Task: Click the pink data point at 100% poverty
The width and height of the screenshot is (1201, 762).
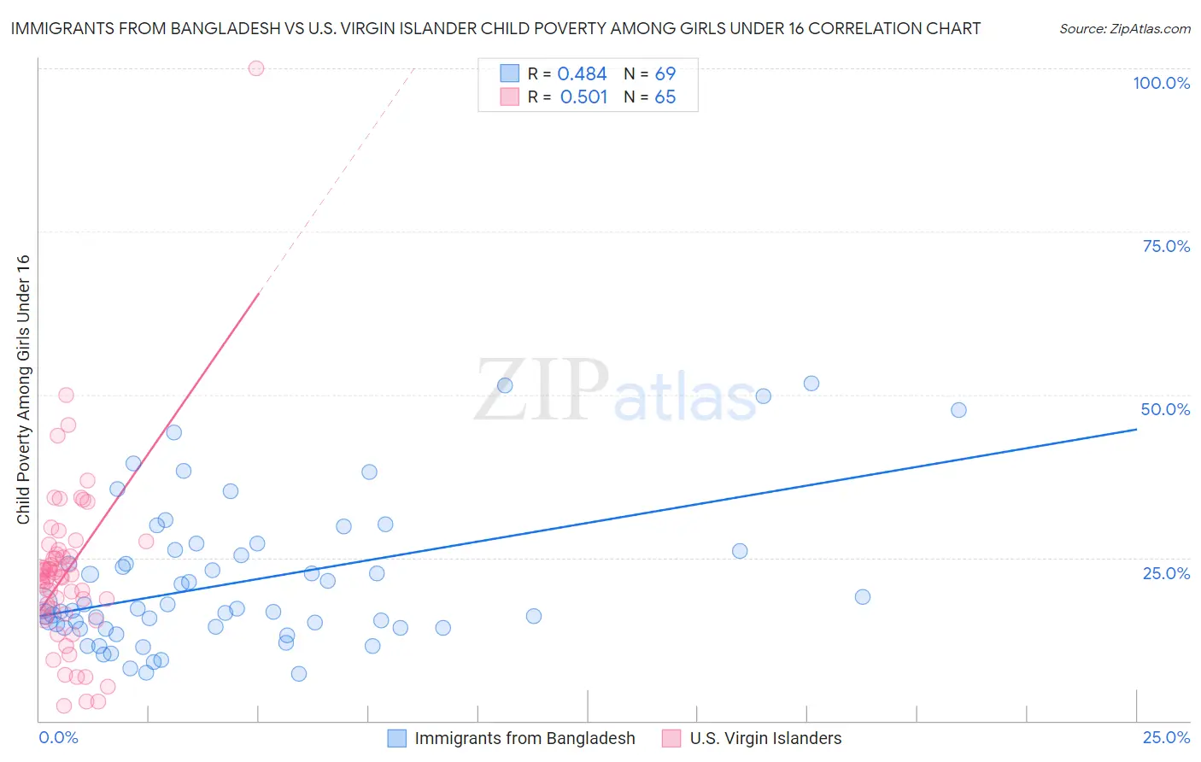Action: click(x=256, y=68)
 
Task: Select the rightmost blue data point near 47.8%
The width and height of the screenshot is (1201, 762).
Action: click(x=958, y=410)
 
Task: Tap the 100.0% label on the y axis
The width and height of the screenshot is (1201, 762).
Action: click(x=1161, y=83)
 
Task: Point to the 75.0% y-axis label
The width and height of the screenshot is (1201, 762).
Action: click(x=1166, y=246)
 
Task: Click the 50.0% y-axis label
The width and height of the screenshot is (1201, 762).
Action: click(x=1165, y=409)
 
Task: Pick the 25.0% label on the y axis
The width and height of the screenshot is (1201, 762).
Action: click(x=1166, y=573)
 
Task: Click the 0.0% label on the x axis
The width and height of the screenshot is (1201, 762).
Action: click(x=58, y=737)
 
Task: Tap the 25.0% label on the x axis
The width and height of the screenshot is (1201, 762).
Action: click(x=1166, y=737)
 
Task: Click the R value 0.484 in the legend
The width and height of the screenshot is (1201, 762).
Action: click(x=582, y=74)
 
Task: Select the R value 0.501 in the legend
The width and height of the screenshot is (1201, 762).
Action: click(x=583, y=97)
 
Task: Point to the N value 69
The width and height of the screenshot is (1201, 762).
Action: click(x=665, y=74)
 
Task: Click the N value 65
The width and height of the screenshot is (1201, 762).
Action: click(x=665, y=97)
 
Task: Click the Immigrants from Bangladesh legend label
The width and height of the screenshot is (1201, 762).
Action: click(x=524, y=738)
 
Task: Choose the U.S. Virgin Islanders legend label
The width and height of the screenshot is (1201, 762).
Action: click(x=765, y=738)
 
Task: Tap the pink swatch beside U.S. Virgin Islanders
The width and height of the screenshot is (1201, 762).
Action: click(x=671, y=738)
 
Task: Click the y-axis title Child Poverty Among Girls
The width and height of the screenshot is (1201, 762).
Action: click(x=23, y=390)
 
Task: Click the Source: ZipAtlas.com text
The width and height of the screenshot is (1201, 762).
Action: click(x=1124, y=29)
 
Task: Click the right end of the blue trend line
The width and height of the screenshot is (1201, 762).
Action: click(x=1136, y=429)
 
